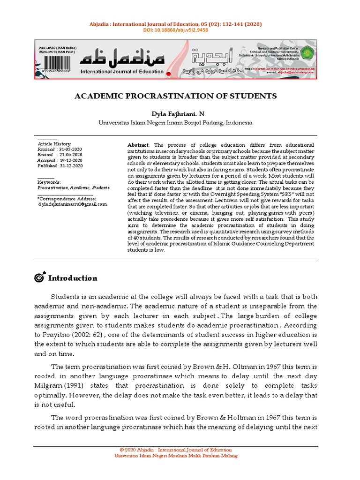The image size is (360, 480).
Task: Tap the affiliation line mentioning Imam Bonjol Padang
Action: (175, 123)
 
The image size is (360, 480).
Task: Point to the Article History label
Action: (54, 143)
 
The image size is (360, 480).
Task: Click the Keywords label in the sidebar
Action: (49, 182)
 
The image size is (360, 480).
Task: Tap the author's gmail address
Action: (72, 204)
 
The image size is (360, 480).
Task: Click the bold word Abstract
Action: (138, 145)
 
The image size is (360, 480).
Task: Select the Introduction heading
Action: (73, 278)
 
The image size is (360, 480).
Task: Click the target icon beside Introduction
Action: (39, 278)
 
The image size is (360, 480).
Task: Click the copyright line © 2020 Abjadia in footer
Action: (176, 450)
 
